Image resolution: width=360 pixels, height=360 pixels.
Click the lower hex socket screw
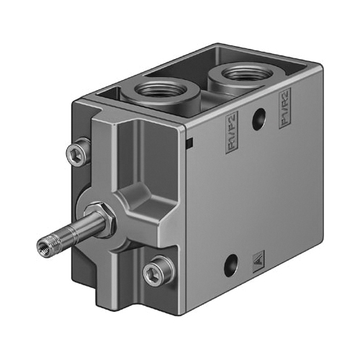click(x=155, y=271)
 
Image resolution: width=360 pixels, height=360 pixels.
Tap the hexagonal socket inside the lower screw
click(x=155, y=271)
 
